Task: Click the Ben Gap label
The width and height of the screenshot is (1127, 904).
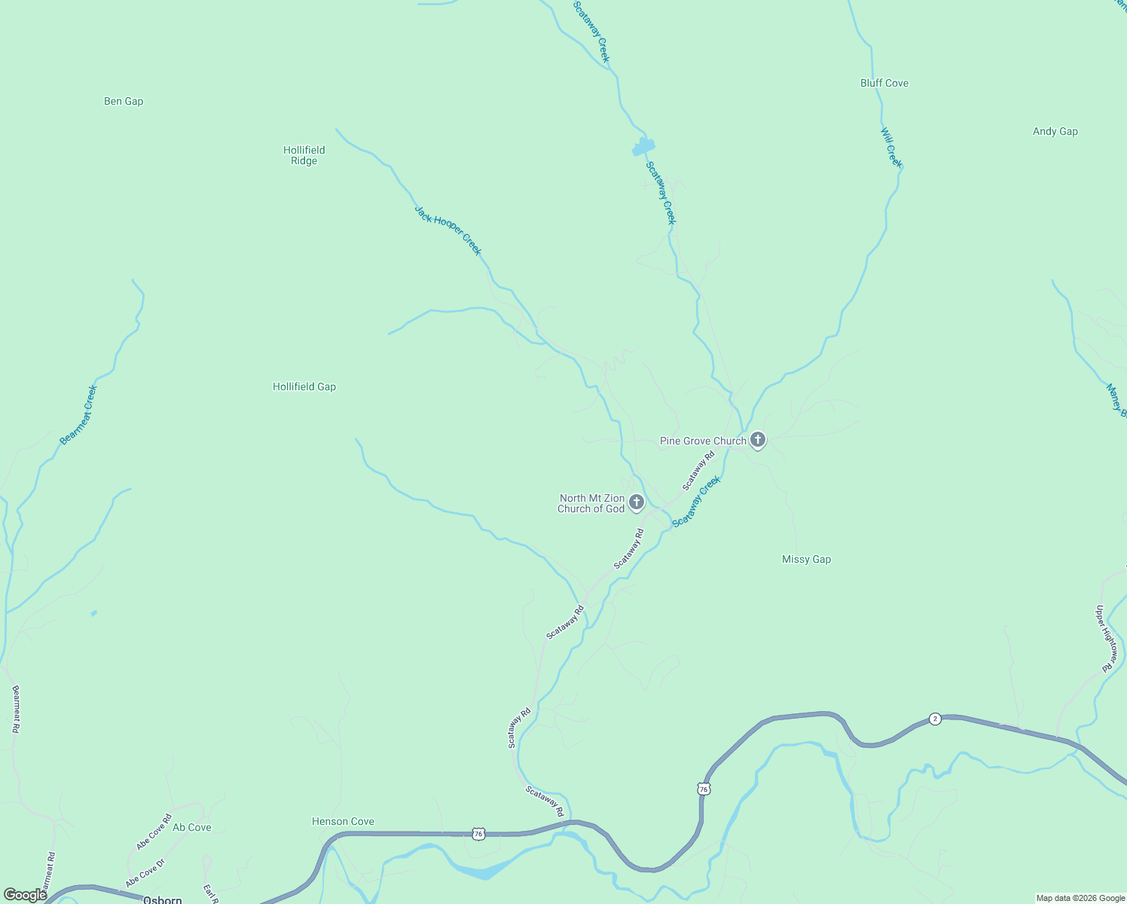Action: pos(124,101)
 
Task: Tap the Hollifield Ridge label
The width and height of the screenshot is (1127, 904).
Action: pos(304,155)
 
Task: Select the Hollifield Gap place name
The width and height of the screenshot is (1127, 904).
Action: pos(304,386)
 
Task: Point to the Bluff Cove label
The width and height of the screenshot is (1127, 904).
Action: pos(884,83)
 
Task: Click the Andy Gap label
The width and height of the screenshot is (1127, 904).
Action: pos(1055,131)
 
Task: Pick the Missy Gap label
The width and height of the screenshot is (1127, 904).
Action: pos(806,559)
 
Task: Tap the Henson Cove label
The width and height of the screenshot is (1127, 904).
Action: pos(343,821)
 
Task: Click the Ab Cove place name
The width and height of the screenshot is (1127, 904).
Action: pos(192,827)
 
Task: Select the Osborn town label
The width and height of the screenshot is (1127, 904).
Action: pos(163,899)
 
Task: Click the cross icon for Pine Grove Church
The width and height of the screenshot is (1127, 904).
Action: pos(758,439)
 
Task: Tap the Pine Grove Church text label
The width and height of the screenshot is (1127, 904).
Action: pos(703,441)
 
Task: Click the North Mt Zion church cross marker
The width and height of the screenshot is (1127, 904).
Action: pos(637,502)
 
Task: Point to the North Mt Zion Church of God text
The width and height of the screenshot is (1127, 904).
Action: pos(591,503)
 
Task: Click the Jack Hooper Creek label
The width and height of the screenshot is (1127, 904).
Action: pos(448,231)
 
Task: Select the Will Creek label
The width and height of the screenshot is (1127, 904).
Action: pos(891,148)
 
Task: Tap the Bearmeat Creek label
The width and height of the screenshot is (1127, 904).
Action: pos(78,415)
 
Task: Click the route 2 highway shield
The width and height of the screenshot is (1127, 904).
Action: pos(935,719)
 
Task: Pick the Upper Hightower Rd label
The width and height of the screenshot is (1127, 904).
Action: pos(1106,639)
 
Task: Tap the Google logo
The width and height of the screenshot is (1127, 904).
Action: pos(25,895)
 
